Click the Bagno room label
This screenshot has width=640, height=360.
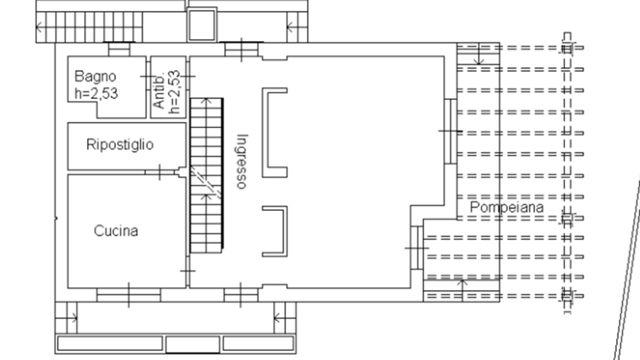point(95,76)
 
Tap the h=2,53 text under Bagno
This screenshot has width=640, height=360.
point(96,94)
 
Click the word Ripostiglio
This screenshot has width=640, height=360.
point(120,144)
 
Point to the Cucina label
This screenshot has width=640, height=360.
point(116,230)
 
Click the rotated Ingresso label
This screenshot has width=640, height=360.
point(241,161)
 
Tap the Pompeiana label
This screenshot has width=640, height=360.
point(507,207)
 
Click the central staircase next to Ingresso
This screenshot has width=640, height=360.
point(207,175)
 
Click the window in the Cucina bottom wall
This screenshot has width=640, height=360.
point(129,295)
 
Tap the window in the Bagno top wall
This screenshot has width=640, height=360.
point(119,49)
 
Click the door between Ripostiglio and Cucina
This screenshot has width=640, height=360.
point(160,172)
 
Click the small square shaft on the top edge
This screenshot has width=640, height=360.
point(201,25)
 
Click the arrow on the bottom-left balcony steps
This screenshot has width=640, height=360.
point(73,317)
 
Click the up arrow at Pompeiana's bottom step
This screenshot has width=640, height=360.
point(463,290)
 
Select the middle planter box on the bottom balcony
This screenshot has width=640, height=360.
point(193,344)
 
